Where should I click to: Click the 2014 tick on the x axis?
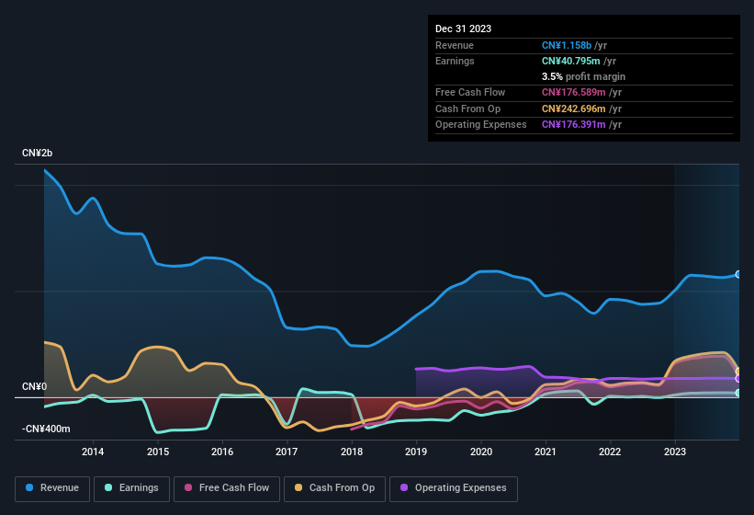[x=93, y=452]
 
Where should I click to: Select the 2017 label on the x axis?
[x=287, y=452]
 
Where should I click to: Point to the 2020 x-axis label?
[x=480, y=452]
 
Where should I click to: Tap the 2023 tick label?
[x=674, y=452]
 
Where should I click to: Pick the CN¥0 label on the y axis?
[x=34, y=387]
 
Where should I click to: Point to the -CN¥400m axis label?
[x=46, y=429]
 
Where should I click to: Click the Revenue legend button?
[x=52, y=488]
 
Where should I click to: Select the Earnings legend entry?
[x=131, y=488]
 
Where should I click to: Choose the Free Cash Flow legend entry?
[x=229, y=488]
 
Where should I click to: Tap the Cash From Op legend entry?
[x=334, y=488]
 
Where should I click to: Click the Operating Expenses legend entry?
[x=454, y=488]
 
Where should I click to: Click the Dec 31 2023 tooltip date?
[x=463, y=29]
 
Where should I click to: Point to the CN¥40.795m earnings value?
[x=571, y=61]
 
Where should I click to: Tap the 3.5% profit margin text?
[x=583, y=76]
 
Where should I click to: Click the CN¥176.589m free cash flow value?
[x=574, y=93]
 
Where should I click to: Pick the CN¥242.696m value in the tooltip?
[x=574, y=109]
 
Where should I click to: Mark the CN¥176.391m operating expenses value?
[x=574, y=124]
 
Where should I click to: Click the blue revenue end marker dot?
[x=738, y=274]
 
